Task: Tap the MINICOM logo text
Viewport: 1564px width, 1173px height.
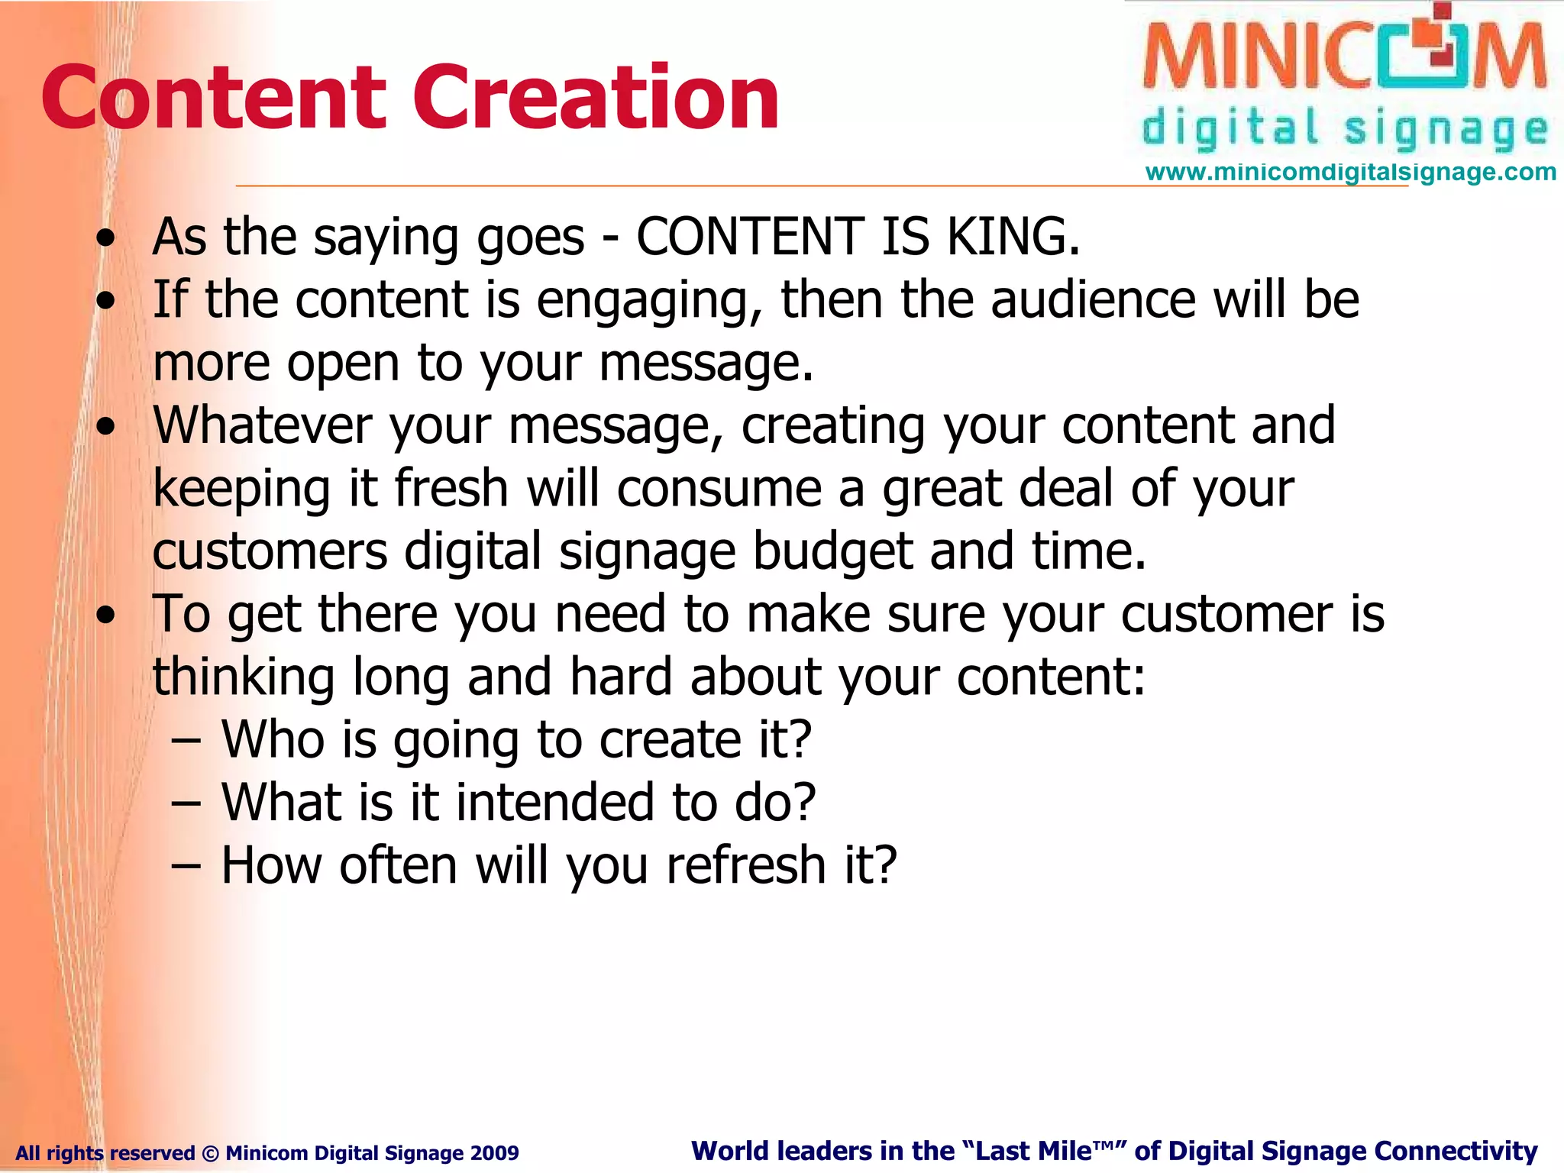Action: tap(1344, 57)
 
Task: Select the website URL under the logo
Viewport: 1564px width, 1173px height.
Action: tap(1350, 173)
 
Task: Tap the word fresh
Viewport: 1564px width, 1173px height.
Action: tap(451, 488)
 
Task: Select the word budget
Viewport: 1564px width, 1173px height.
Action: tap(832, 551)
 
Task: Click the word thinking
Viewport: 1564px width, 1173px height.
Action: tap(244, 677)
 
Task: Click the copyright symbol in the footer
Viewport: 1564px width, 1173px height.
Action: tap(210, 1153)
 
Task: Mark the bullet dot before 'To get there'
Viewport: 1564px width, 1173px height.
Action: tap(106, 614)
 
